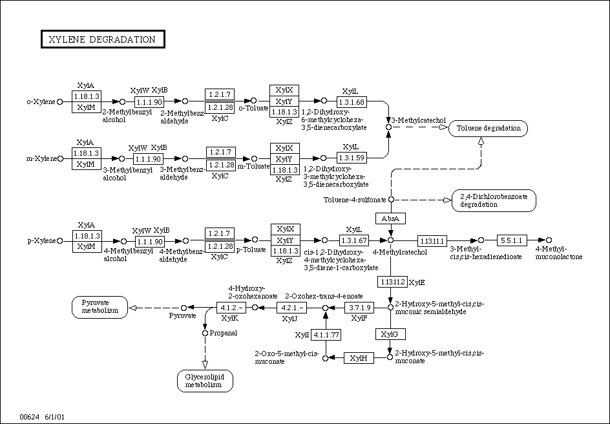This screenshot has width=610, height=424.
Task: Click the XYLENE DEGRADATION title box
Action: click(102, 39)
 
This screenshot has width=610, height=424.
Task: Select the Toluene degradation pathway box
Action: click(489, 128)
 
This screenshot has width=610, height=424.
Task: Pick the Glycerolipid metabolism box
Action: click(204, 381)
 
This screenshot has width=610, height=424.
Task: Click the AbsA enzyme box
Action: click(390, 218)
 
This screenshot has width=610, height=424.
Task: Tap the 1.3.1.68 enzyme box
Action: click(352, 101)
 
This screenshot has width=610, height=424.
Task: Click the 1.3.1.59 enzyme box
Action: click(352, 157)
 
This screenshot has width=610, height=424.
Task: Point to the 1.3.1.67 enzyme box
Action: click(353, 240)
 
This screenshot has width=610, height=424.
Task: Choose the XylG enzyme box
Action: click(390, 334)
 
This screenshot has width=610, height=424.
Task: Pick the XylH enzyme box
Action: click(359, 357)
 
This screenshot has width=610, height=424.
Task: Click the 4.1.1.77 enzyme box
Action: click(326, 334)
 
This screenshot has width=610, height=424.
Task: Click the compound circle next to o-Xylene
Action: click(60, 101)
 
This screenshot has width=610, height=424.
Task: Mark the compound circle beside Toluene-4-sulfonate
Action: click(390, 200)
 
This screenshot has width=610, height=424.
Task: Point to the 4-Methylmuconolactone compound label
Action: click(558, 253)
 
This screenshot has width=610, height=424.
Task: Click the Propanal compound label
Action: click(223, 333)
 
